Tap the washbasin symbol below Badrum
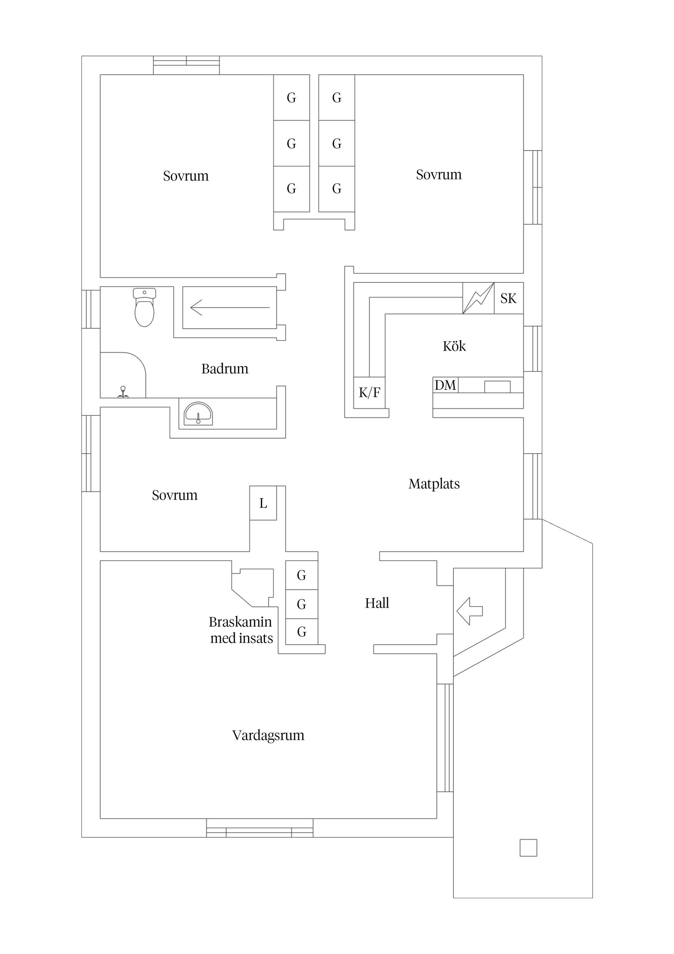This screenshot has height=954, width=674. [198, 414]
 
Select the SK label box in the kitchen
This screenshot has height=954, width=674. [508, 298]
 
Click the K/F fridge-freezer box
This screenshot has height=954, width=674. [369, 392]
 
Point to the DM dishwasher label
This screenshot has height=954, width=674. [445, 385]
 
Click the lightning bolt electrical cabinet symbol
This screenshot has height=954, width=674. [478, 298]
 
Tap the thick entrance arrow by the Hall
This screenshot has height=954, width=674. [470, 611]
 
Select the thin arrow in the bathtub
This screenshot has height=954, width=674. [230, 307]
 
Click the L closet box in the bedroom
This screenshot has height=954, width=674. [263, 503]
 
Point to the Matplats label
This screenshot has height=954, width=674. [434, 484]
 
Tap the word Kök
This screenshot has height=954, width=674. [454, 346]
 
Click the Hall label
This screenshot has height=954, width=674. [377, 603]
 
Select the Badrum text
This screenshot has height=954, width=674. [225, 368]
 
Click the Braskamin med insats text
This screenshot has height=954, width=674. [241, 630]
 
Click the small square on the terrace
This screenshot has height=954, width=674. [528, 848]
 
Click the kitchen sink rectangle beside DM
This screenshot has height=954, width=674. [497, 386]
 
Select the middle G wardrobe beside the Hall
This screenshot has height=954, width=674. [302, 604]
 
